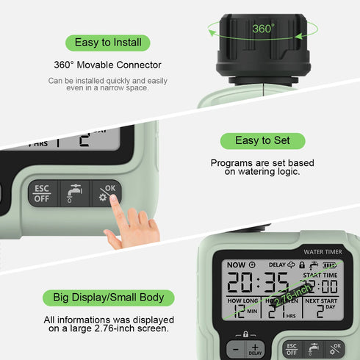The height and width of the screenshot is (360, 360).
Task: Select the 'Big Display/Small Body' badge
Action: [x=108, y=298]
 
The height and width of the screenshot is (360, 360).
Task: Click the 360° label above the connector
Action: [x=264, y=28]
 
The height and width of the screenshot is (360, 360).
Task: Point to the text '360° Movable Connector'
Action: [x=107, y=65]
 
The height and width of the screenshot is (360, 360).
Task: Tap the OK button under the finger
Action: [x=107, y=193]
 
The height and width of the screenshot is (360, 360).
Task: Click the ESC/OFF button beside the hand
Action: [x=43, y=194]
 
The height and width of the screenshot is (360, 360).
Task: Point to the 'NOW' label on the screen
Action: [x=236, y=264]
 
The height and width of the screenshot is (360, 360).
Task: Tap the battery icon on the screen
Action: [x=330, y=264]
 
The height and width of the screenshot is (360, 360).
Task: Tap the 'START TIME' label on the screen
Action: [x=321, y=275]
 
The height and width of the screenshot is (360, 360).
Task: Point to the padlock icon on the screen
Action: [x=301, y=264]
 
